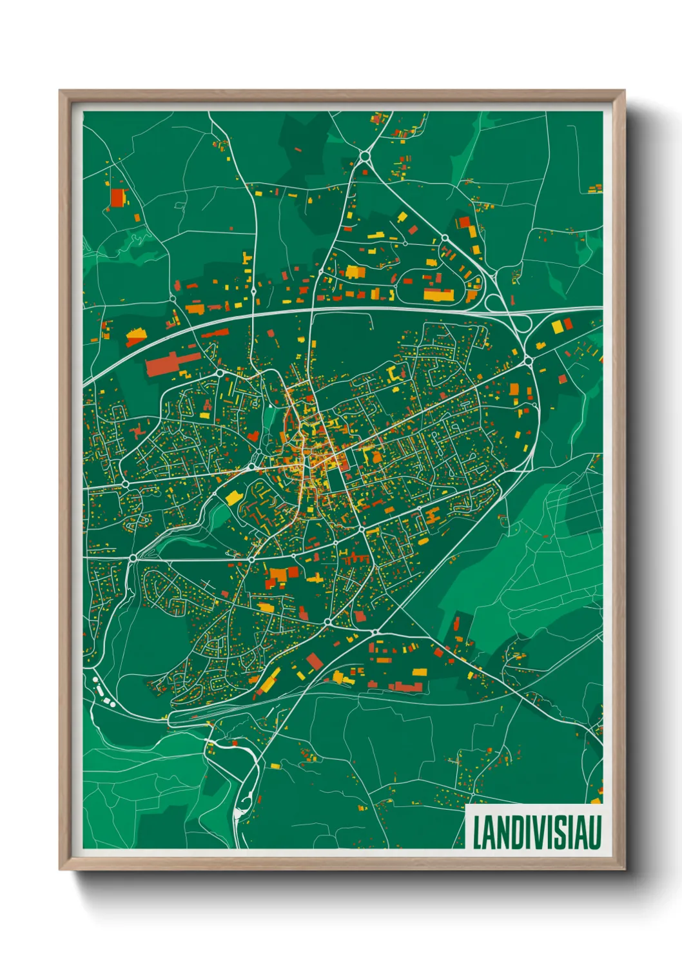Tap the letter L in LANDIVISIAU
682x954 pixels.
[x=478, y=832]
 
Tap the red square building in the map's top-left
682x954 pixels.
[x=117, y=197]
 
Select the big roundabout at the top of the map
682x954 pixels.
[x=365, y=155]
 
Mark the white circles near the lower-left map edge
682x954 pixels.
[x=100, y=687]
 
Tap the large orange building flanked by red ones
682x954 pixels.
[x=277, y=575]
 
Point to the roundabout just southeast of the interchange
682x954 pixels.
[x=528, y=358]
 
